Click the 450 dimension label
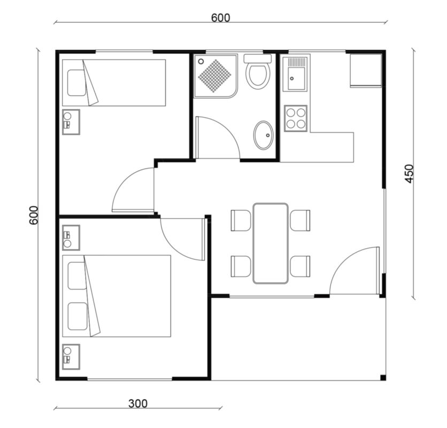coord(409,173)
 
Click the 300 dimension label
coord(138,403)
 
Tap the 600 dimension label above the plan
coord(220,18)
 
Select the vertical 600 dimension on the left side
coord(34,215)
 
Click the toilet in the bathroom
coord(258,72)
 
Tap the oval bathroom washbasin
coord(264,135)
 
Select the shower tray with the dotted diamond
coord(215,76)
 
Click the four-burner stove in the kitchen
coord(296,118)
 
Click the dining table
coord(270,243)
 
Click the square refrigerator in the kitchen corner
coord(366,70)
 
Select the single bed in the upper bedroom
coord(114,83)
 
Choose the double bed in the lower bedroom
coord(117,296)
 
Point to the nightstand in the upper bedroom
coord(71,122)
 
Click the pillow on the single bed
coord(76,83)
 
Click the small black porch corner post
coord(383,378)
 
